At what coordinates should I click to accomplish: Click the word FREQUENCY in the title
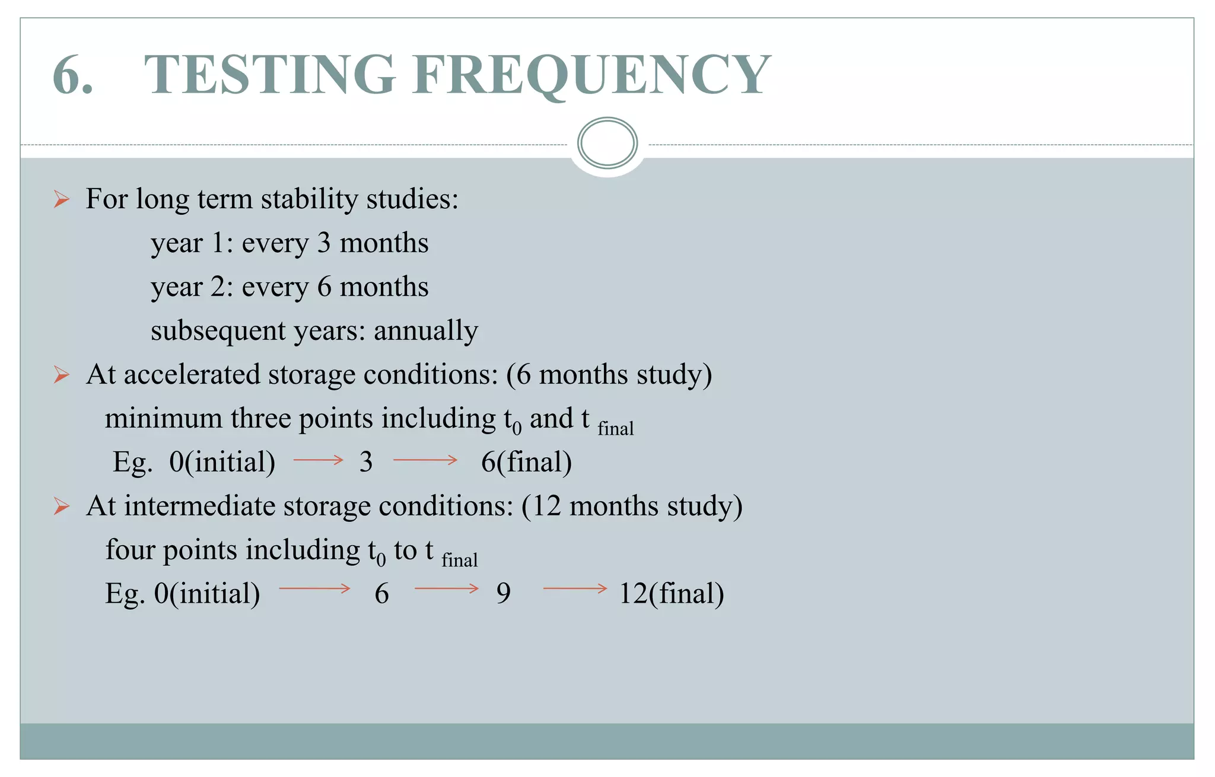tap(591, 75)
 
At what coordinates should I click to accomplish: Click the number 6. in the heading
tap(72, 75)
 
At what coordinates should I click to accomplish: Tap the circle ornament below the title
tap(607, 143)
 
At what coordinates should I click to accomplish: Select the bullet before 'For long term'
tap(62, 199)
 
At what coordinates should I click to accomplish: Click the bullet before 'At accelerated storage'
tap(62, 375)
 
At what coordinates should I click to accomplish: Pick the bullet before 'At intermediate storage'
tap(62, 507)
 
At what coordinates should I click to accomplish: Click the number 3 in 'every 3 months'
tap(323, 243)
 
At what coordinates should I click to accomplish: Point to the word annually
tap(425, 331)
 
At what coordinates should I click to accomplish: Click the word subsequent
tap(218, 331)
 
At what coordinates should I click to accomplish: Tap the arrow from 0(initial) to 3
tap(318, 460)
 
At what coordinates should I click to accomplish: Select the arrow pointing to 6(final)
tap(425, 460)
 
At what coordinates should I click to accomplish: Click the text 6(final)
tap(526, 462)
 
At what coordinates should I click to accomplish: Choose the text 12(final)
tap(671, 594)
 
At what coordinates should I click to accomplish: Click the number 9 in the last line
tap(503, 594)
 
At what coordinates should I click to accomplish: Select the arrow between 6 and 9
tap(446, 588)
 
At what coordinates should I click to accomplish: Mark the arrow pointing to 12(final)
tap(575, 588)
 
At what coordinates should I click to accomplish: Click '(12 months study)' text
tap(632, 507)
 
